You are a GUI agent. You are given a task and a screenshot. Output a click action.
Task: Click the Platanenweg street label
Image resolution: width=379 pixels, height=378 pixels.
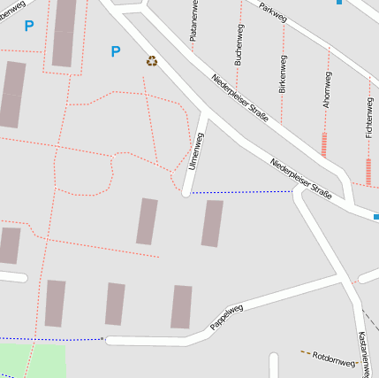tap(193, 21)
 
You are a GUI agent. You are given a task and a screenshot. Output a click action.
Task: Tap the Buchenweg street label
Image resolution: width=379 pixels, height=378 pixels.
tap(238, 44)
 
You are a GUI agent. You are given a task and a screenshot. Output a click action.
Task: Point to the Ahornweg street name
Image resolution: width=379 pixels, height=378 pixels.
tap(327, 89)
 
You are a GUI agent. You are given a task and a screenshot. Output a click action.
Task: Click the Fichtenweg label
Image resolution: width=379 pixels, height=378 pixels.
tap(368, 118)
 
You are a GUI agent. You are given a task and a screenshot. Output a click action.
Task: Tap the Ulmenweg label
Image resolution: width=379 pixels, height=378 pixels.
tap(195, 151)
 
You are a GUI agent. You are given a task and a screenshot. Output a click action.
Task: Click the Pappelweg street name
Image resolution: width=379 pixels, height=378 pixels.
tap(226, 318)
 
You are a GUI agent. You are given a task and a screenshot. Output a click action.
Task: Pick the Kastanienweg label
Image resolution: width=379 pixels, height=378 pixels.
tap(363, 353)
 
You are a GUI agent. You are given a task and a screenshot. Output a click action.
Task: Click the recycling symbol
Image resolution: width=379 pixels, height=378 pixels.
tap(152, 61)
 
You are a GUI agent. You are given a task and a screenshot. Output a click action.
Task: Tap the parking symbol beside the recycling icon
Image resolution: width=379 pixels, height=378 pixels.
tap(115, 52)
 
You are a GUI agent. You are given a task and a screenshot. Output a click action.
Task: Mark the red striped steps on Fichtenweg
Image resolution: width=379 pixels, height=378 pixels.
tap(368, 171)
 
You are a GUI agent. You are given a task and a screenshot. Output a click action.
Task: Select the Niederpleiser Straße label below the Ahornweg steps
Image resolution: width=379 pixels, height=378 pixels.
tap(300, 178)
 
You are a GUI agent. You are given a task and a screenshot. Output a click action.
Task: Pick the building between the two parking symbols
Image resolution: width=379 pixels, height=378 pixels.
tap(64, 34)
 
